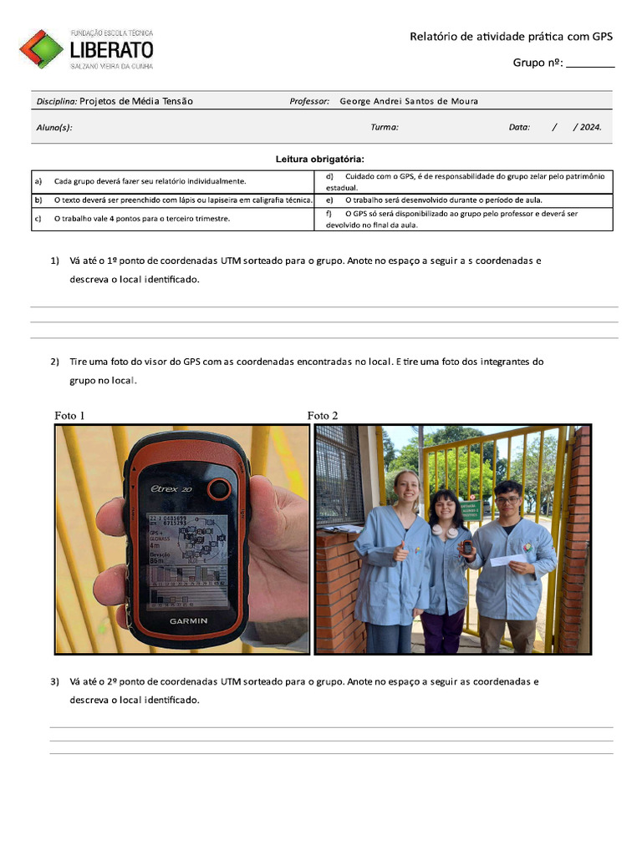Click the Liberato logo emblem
[41, 48]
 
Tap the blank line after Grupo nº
[590, 63]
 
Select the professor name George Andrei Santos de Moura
[409, 101]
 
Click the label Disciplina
[57, 101]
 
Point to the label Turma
[385, 128]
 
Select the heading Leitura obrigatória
[320, 159]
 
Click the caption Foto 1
[69, 415]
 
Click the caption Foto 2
[323, 415]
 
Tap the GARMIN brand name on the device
[189, 621]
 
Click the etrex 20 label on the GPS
[171, 489]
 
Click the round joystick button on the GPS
[219, 489]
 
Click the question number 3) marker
[54, 681]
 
